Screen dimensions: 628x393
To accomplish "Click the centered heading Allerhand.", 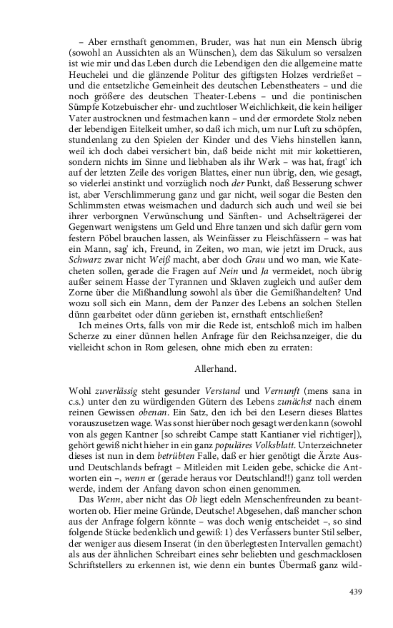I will pos(214,370).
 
